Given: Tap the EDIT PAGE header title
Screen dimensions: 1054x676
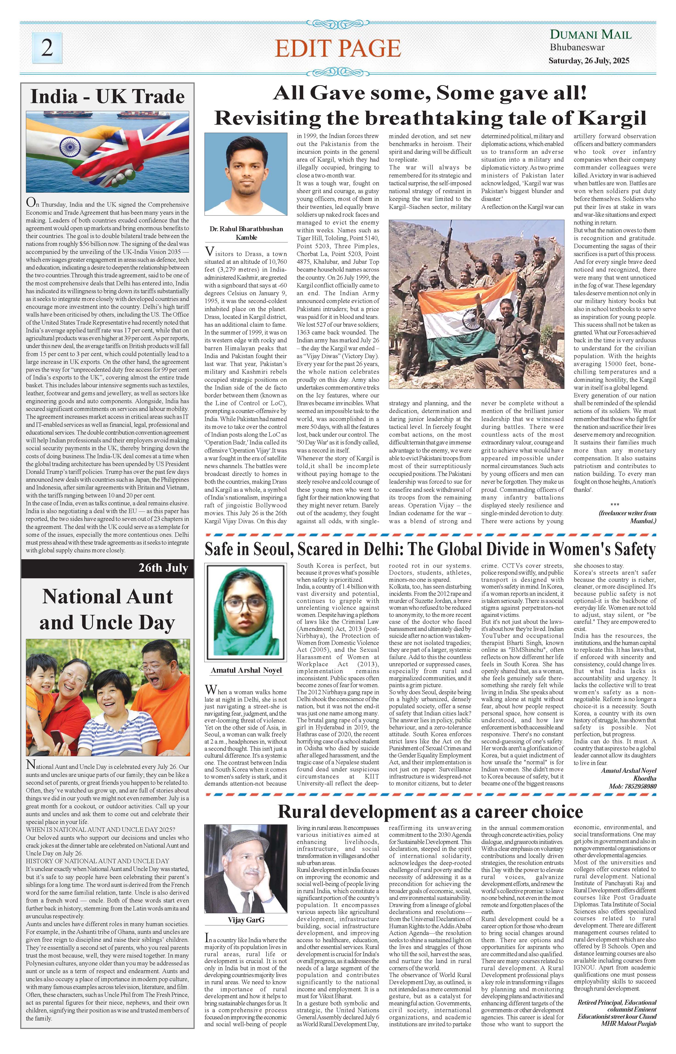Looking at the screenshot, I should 338,48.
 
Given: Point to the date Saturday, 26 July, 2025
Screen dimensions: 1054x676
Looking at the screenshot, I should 589,61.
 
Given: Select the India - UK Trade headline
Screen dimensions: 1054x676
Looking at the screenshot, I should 108,97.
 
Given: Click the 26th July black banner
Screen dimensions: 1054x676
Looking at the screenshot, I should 108,568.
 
